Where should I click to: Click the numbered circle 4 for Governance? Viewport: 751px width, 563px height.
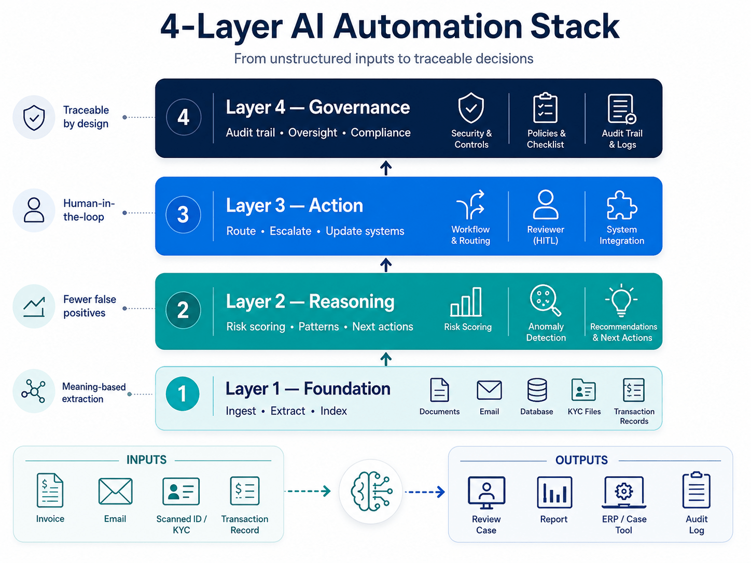coord(184,117)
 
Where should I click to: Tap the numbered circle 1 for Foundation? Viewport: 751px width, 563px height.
coord(183,393)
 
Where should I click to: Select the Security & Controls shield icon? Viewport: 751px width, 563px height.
coord(471,108)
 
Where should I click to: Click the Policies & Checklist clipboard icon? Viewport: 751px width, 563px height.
coord(546,107)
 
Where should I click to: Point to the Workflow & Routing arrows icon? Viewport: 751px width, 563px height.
coord(471,204)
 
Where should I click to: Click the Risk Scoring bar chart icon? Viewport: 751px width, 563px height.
coord(466,302)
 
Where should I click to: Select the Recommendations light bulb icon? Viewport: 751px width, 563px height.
coord(621,300)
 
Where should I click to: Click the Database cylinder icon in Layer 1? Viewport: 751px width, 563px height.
coord(537,390)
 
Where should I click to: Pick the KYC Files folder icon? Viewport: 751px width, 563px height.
coord(583,389)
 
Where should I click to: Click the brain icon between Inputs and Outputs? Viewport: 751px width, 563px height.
coord(371,491)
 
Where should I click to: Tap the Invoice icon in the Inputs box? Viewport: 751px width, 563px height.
coord(50,490)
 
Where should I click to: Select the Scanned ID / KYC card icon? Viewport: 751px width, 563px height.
coord(181,491)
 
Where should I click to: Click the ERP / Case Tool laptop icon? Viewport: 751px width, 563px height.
coord(624,492)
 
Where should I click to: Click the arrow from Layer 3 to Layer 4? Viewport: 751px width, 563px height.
coord(386,168)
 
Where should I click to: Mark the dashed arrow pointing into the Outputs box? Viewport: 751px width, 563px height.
coord(425,492)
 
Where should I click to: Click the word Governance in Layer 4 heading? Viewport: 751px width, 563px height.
coord(359,107)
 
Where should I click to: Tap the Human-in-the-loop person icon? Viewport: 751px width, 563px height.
coord(34,210)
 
